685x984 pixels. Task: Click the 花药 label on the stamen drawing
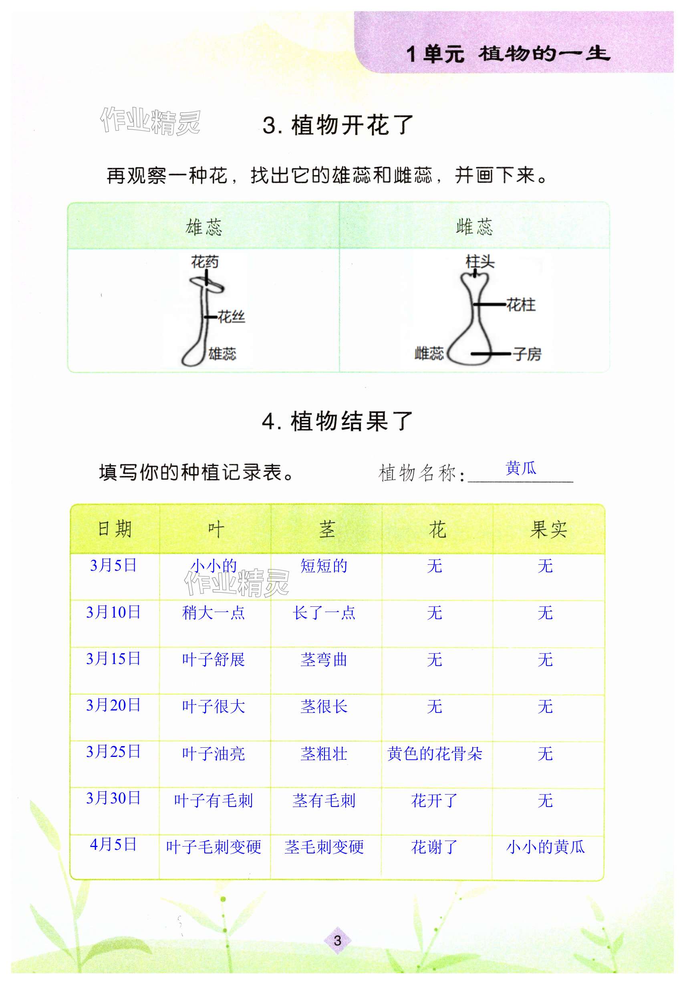[x=204, y=262]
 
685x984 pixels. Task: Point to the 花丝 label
[x=231, y=317]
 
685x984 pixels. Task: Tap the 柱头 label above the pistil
[x=479, y=261]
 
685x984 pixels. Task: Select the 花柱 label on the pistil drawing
[x=521, y=305]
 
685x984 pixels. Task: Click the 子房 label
[x=527, y=354]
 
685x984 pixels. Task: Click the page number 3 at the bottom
[x=337, y=940]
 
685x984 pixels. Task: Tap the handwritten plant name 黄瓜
[x=520, y=468]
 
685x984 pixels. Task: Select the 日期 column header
[x=115, y=529]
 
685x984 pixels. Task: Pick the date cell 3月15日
[x=114, y=659]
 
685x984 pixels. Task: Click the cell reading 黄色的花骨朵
[x=434, y=753]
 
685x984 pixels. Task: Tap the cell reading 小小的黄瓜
[x=545, y=846]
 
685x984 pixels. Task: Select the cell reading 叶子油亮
[x=213, y=753]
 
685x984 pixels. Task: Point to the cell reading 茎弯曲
[x=324, y=660]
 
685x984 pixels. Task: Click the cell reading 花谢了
[x=434, y=846]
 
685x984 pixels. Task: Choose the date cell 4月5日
[x=114, y=844]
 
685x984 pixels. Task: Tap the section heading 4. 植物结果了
[x=337, y=421]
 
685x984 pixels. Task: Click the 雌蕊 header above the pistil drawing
[x=474, y=227]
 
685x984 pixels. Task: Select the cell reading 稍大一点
[x=213, y=613]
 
